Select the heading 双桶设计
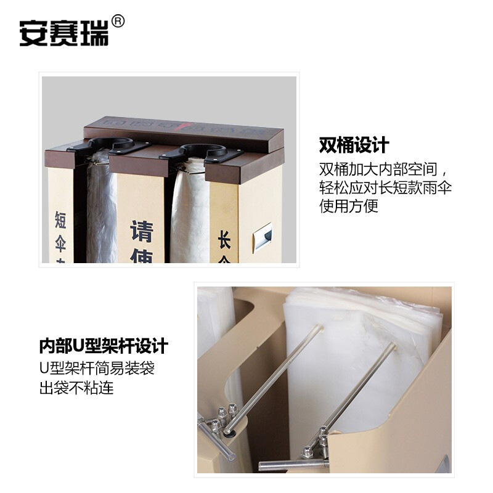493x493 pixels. tap(354, 145)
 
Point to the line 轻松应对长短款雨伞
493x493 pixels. tap(385, 187)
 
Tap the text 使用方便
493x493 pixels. tap(348, 206)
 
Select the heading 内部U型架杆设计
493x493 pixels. tap(104, 345)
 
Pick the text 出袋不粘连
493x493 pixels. tap(76, 388)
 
